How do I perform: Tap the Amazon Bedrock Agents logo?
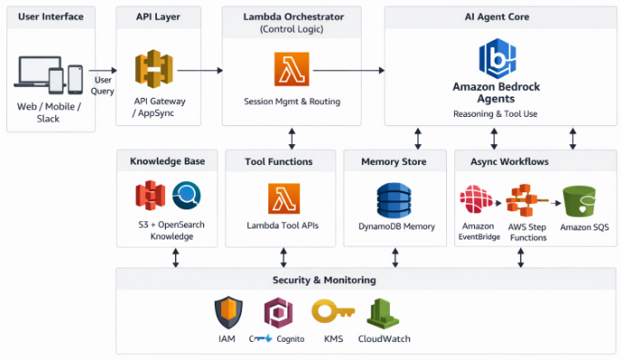pos(496,58)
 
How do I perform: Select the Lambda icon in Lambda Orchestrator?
pos(292,70)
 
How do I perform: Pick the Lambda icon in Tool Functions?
pos(284,199)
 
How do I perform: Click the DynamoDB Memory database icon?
pos(394,199)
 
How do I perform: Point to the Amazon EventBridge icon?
pos(476,199)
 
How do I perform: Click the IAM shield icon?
pos(227,313)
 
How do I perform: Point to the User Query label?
pos(103,85)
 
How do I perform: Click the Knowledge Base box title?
pos(167,161)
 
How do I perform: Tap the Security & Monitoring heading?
pos(324,280)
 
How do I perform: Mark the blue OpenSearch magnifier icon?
pos(187,195)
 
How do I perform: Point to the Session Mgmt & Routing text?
pos(292,102)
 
